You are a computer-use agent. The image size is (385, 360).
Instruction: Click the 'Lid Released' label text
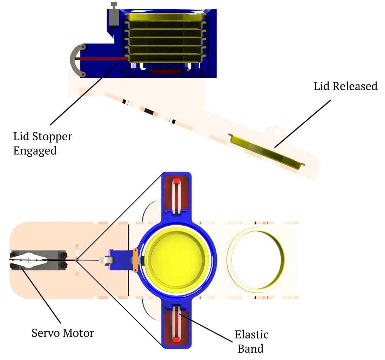345,86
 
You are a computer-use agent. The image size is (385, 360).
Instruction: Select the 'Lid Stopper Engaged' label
42,143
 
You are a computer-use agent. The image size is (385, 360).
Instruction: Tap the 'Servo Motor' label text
63,332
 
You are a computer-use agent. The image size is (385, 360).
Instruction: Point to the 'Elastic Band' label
251,341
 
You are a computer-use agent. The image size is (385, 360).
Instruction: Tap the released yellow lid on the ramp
266,151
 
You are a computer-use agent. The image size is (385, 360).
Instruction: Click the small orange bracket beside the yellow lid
135,260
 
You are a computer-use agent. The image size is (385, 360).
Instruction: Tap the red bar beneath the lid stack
165,72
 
